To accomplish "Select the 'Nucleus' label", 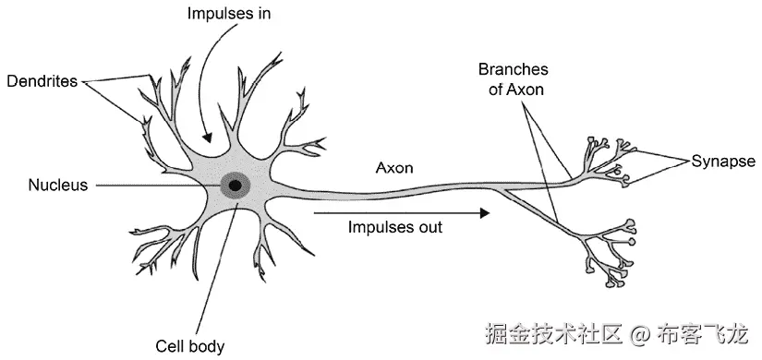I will click(x=44, y=185).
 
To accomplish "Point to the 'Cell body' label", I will click(x=189, y=347).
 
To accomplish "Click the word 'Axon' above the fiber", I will click(x=393, y=168).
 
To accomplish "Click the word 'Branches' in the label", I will click(x=513, y=69).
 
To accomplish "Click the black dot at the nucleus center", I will click(x=236, y=186).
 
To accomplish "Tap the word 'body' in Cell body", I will click(x=205, y=348).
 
